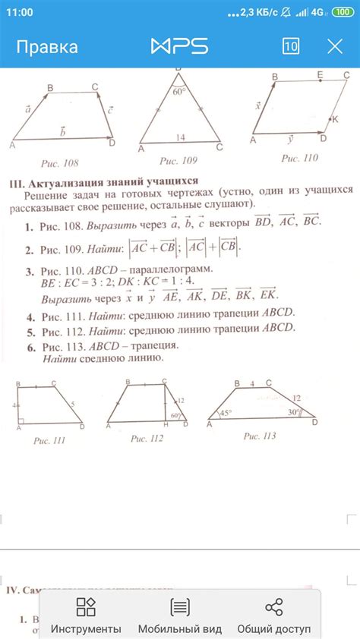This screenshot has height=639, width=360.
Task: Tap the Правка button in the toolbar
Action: (48, 47)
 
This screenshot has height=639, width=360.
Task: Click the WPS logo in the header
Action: (180, 46)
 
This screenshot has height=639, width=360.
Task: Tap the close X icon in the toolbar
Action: (335, 46)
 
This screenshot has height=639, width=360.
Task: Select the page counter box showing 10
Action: (290, 46)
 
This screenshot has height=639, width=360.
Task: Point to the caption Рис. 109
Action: (178, 161)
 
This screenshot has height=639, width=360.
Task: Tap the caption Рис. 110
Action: (299, 159)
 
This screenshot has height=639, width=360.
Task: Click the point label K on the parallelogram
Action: (335, 120)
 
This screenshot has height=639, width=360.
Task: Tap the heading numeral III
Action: (16, 183)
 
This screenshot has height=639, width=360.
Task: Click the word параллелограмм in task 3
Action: (171, 269)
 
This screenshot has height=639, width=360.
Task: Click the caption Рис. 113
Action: (261, 436)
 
